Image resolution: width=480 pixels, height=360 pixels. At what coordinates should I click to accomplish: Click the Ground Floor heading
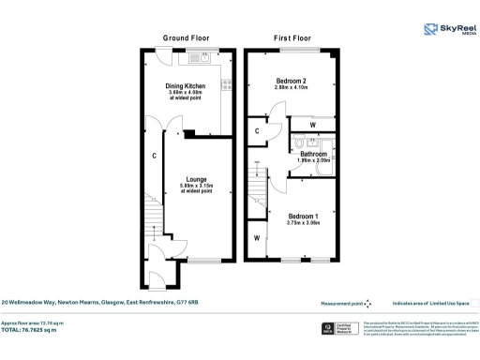(184, 38)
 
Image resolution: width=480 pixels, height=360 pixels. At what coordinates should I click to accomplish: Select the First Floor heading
(292, 38)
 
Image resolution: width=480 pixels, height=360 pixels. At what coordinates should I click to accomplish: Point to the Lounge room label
(195, 179)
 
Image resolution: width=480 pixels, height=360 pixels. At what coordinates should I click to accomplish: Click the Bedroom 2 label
(291, 81)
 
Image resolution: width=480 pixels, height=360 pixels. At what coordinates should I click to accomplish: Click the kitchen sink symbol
(199, 59)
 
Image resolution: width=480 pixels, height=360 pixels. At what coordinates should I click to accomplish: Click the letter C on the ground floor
(153, 156)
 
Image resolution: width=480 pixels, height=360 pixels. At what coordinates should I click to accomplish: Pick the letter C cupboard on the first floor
(257, 132)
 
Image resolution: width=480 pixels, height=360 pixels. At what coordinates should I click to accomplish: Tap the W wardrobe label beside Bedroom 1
(256, 237)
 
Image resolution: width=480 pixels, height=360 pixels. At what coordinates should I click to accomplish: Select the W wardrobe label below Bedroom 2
(311, 124)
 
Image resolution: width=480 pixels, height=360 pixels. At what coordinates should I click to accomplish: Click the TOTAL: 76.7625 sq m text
(36, 330)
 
